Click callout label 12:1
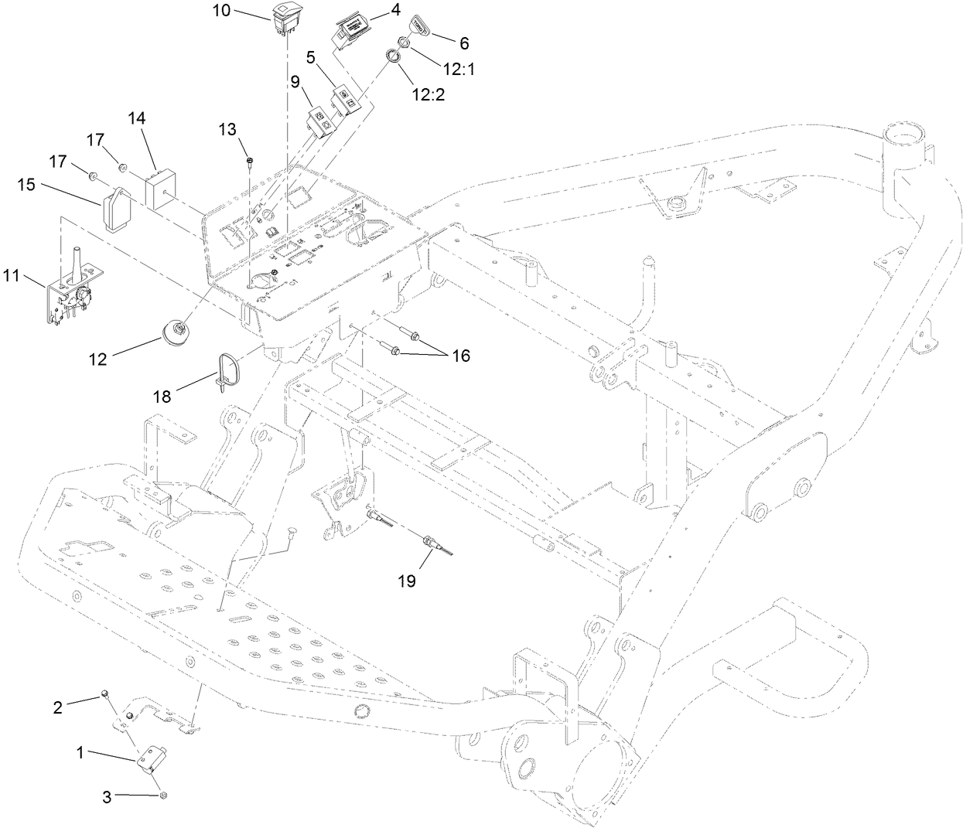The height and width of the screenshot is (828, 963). click(456, 69)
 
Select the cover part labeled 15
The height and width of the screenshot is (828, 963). click(115, 208)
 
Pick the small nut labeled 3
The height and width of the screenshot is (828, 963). click(163, 796)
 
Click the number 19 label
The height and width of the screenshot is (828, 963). click(407, 581)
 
